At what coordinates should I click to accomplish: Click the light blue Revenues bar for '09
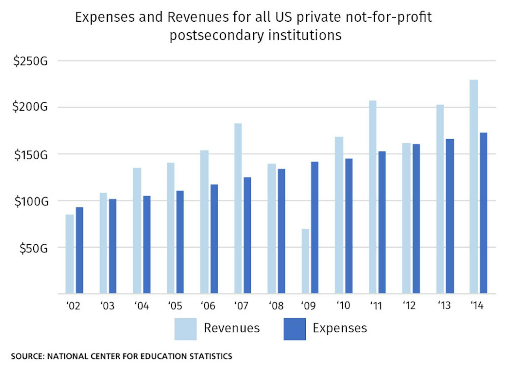305,261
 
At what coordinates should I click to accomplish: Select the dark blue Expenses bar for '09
315,228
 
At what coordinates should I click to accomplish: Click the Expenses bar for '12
416,219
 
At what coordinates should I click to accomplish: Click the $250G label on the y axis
31,61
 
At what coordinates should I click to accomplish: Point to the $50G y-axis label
34,248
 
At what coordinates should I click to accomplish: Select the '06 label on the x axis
208,305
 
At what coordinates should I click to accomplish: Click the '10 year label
343,305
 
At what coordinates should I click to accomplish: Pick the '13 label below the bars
444,305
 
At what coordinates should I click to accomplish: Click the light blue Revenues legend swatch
185,329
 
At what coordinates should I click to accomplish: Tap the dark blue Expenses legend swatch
294,329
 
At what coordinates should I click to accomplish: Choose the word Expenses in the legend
340,328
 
